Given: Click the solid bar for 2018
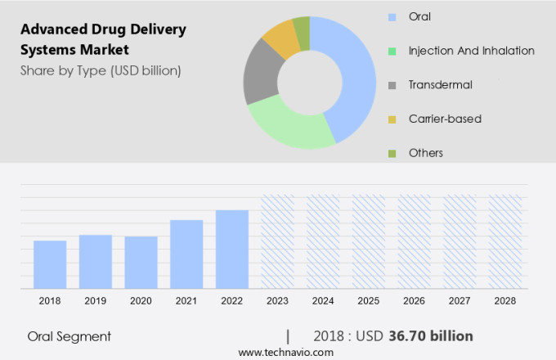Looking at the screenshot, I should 50,264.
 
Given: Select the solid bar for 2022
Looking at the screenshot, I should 232,250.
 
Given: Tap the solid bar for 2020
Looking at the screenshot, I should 141,263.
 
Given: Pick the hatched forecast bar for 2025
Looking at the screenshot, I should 368,241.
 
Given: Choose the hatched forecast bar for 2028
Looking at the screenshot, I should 504,241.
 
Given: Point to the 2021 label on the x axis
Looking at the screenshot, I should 186,301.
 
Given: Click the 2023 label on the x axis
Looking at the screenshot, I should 277,301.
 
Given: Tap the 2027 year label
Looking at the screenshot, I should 460,301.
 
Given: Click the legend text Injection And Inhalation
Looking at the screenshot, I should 472,51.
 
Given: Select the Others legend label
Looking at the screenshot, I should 426,153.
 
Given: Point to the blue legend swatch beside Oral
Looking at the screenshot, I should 392,16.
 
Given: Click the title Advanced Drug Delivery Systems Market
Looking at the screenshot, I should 103,39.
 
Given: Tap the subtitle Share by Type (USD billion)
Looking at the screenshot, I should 101,70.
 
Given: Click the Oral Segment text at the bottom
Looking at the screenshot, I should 69,336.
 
